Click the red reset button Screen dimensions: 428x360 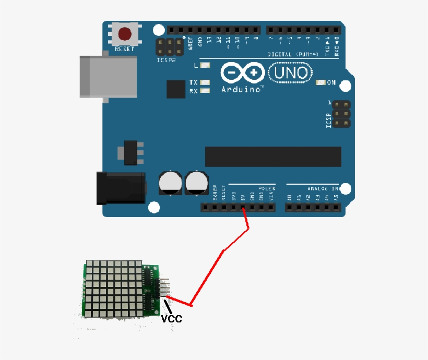click(x=125, y=34)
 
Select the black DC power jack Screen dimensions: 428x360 click(x=121, y=188)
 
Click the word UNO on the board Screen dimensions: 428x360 click(x=291, y=73)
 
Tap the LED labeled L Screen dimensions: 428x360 click(x=204, y=66)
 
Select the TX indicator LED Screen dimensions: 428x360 click(x=204, y=82)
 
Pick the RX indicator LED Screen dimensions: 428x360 click(x=204, y=91)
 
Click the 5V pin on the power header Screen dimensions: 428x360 click(x=243, y=208)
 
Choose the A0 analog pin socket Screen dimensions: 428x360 click(x=290, y=208)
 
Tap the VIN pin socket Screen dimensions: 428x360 click(x=271, y=208)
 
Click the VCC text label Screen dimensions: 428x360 click(x=171, y=318)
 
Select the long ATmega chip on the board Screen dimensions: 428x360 click(x=273, y=157)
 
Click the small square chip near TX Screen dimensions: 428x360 click(x=176, y=89)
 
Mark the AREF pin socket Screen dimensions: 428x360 click(x=190, y=30)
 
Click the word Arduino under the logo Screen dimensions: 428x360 click(x=241, y=90)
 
